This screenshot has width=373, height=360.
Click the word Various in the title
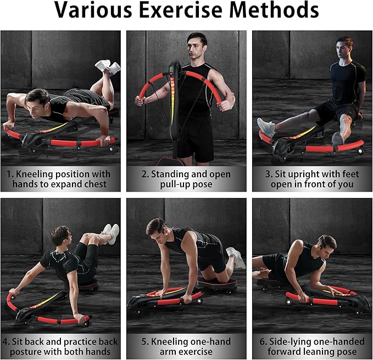pyautogui.click(x=93, y=9)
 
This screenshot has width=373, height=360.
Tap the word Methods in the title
pyautogui.click(x=274, y=9)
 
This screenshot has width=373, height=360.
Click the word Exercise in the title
pyautogui.click(x=181, y=9)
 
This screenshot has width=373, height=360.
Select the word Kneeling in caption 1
pyautogui.click(x=35, y=175)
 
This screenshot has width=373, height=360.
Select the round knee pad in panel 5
pyautogui.click(x=216, y=283)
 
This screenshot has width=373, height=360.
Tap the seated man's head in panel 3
pyautogui.click(x=344, y=48)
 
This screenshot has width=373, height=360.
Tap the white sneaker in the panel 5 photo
pyautogui.click(x=236, y=257)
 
